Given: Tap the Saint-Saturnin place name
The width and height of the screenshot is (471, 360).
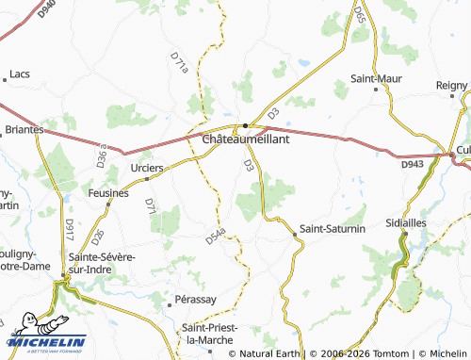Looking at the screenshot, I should coord(332,229).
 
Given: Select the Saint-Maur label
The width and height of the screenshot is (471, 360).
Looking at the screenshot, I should coord(378,78).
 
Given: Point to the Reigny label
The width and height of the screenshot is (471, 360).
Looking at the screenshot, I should coord(452,85).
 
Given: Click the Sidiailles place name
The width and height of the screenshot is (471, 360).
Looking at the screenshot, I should coord(414,223).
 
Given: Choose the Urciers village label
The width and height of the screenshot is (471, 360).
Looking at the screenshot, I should coord(147,168).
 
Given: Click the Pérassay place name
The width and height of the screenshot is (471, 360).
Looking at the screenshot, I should coord(196,300).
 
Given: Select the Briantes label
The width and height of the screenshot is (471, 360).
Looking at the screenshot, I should coord(24,129).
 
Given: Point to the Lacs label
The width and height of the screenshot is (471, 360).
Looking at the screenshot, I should coord(20,74).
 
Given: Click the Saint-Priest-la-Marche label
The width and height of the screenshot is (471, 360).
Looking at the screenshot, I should coord(211,333).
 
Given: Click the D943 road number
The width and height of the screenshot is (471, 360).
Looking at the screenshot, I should coord(412,165).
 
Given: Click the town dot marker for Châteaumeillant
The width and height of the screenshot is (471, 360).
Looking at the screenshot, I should coord(245,126).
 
